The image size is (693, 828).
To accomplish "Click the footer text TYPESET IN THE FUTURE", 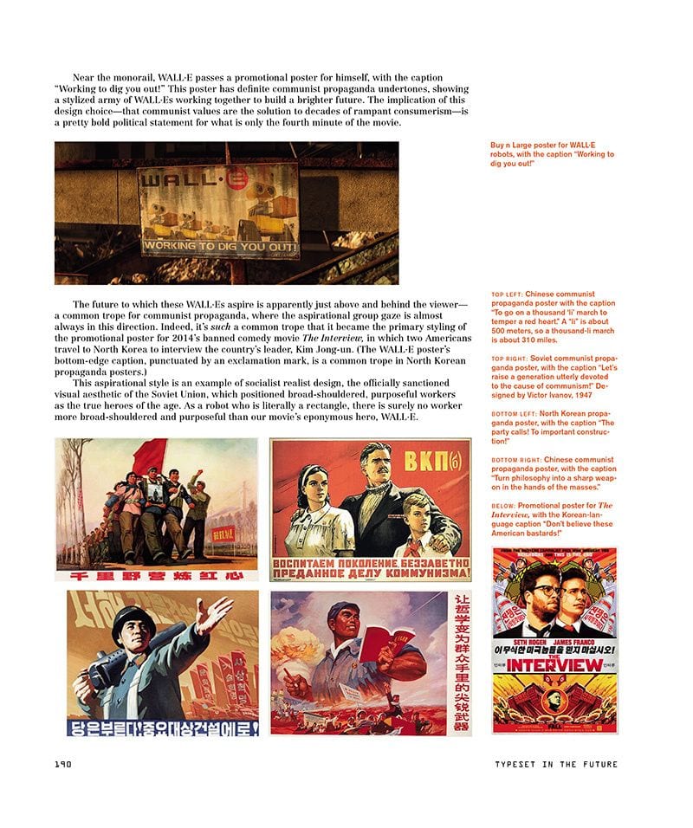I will tap(555, 764).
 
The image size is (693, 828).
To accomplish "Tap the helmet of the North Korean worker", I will tap(133, 620).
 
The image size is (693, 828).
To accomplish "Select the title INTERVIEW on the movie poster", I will tap(554, 665).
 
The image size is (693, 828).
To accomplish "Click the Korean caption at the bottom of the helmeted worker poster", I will tap(163, 728).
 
